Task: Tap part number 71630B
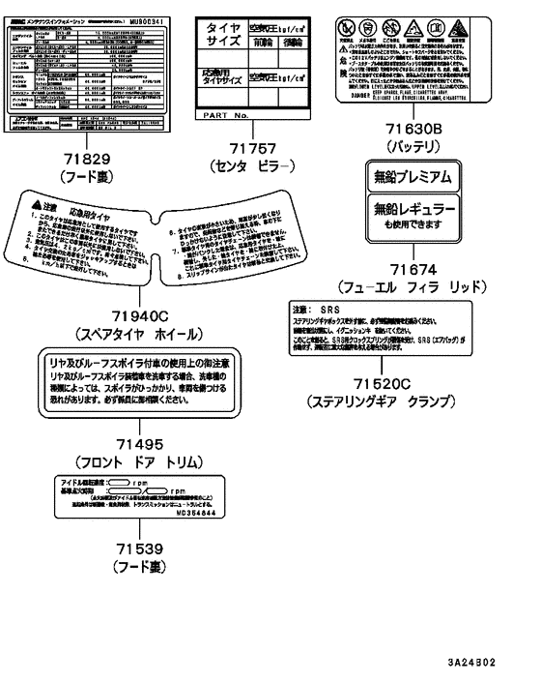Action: point(413,127)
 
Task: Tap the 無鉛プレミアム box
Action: point(413,176)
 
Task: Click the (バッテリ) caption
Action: point(413,145)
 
